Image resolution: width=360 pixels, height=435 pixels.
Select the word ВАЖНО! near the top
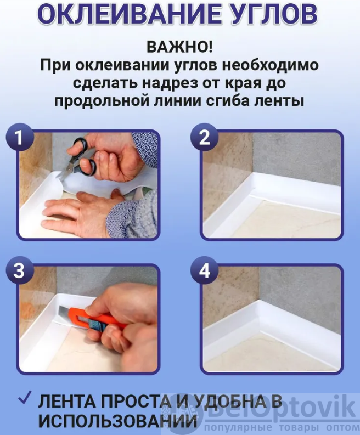pyautogui.click(x=179, y=47)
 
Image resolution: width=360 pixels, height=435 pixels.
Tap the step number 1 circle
pyautogui.click(x=19, y=137)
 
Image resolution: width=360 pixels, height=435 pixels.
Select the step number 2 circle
pyautogui.click(x=205, y=137)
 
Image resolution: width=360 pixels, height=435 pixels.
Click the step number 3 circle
pyautogui.click(x=19, y=270)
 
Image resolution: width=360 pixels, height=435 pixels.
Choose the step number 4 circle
pyautogui.click(x=205, y=270)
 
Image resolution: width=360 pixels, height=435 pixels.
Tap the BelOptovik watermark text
pyautogui.click(x=281, y=408)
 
